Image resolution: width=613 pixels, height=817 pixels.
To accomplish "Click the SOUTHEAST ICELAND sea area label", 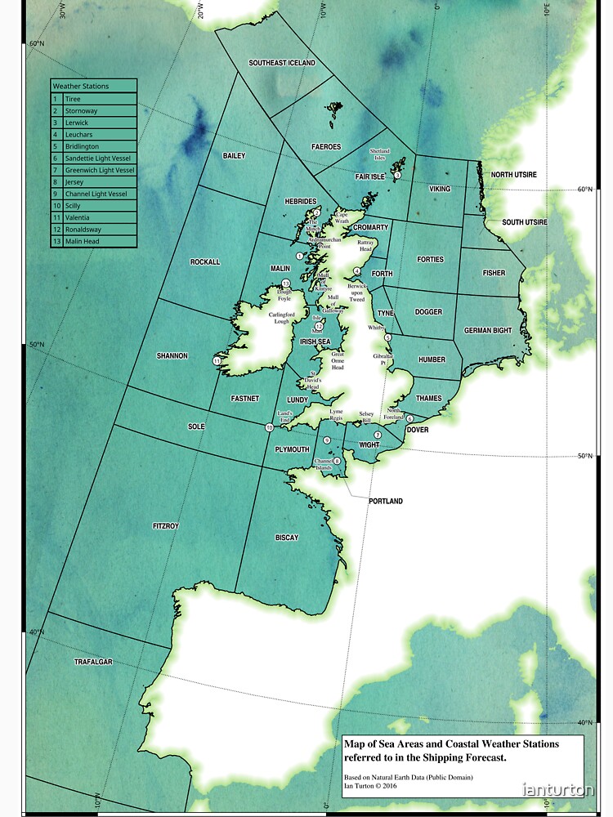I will coord(282,63).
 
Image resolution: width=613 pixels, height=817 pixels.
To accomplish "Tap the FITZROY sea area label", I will coord(165,526).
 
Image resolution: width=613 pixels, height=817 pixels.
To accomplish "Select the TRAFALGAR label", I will coord(93,661).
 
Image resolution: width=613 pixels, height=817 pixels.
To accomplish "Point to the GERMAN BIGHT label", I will coord(488,331).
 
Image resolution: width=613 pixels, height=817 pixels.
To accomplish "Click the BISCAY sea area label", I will coord(287,538).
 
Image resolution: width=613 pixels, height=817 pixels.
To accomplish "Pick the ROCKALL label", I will coord(205,262).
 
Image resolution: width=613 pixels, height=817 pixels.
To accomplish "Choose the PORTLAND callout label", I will coord(385,501).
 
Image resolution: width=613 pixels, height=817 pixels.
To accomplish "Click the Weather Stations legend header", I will coord(80,86).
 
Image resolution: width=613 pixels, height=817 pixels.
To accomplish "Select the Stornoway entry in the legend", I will coord(81,110).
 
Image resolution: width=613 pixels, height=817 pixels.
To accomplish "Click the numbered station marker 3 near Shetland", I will coord(397,175).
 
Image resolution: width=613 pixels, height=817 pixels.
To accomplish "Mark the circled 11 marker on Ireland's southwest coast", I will coord(217,360).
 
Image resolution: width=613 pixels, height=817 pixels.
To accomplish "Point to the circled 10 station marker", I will coord(270,427).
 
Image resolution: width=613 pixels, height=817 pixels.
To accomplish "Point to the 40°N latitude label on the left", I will coord(37,632).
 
